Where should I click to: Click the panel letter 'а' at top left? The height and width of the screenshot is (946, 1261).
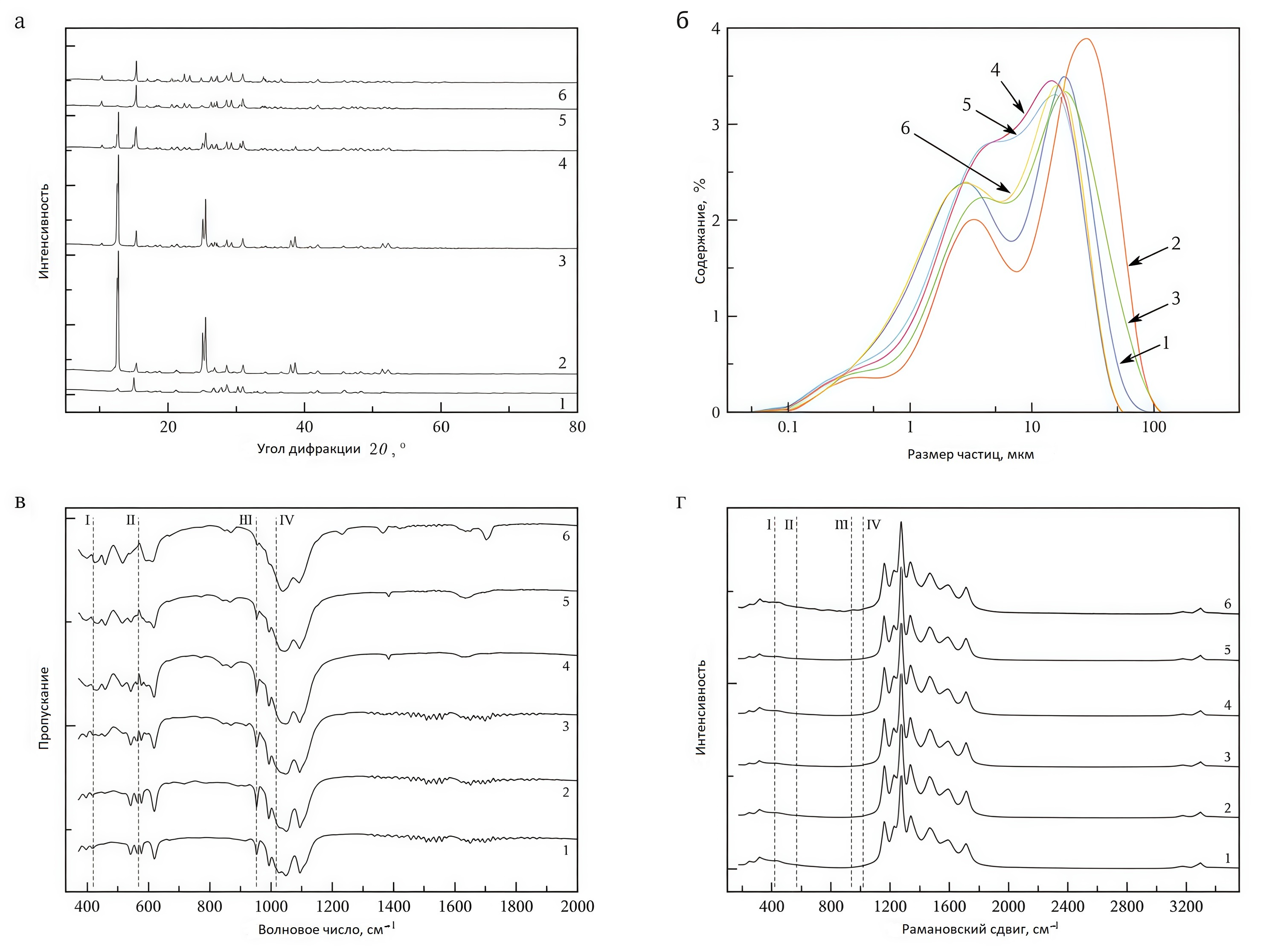point(20,22)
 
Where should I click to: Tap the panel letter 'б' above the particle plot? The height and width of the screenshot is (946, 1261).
point(683,20)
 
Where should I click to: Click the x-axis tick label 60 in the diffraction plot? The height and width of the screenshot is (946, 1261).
point(441,427)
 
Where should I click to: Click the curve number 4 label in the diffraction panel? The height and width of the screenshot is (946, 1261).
point(562,164)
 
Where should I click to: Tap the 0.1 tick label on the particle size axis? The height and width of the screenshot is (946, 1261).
point(788,427)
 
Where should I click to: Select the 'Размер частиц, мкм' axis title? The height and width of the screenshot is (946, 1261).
point(970,454)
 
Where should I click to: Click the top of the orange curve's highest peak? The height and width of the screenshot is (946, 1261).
point(1087,39)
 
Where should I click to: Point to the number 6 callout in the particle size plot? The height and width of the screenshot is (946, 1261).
point(905,129)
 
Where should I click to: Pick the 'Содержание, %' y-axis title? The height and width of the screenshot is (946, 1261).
point(700,231)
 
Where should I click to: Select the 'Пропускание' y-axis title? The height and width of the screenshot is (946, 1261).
point(44,707)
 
